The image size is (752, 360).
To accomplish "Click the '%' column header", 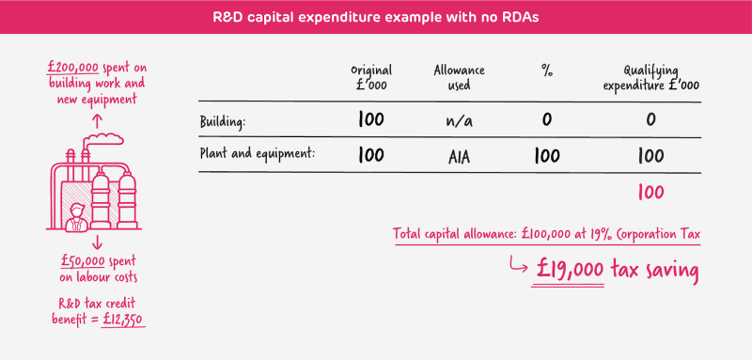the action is (x=545, y=70).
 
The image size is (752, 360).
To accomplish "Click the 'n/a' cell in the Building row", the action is (x=457, y=121).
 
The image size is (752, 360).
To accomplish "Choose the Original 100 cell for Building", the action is (x=370, y=120).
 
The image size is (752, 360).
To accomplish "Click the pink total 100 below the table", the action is (x=650, y=193).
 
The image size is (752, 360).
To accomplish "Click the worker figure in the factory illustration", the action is (x=78, y=217).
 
